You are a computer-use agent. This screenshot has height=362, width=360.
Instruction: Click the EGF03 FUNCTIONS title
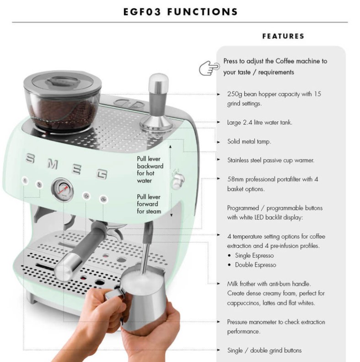point(180,12)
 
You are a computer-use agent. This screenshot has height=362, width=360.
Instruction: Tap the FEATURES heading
point(283,36)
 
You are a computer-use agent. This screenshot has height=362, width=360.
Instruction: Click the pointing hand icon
point(209,68)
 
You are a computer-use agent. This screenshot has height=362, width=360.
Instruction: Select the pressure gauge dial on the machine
point(62,190)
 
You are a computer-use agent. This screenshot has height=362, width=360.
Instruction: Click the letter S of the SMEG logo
point(30,158)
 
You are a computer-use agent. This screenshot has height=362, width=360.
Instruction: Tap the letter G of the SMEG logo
point(102,174)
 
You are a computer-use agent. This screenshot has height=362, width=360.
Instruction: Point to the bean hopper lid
point(62,82)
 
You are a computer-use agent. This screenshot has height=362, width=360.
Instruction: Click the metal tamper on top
point(156,104)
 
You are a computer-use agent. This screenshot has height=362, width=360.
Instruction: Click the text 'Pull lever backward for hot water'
point(150,170)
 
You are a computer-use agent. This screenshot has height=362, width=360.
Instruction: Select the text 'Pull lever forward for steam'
point(149,204)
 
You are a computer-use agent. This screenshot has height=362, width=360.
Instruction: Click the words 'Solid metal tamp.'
point(249,142)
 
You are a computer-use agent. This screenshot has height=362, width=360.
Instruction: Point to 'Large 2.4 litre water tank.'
point(259,122)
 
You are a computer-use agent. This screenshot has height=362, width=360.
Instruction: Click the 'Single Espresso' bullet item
point(254,256)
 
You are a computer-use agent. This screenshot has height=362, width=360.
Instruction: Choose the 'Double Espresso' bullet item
point(256,265)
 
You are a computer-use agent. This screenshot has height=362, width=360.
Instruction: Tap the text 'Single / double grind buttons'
point(264,351)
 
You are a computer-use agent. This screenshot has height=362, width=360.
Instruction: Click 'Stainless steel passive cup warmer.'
point(271,160)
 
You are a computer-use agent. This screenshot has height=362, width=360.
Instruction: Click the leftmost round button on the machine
point(25,181)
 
